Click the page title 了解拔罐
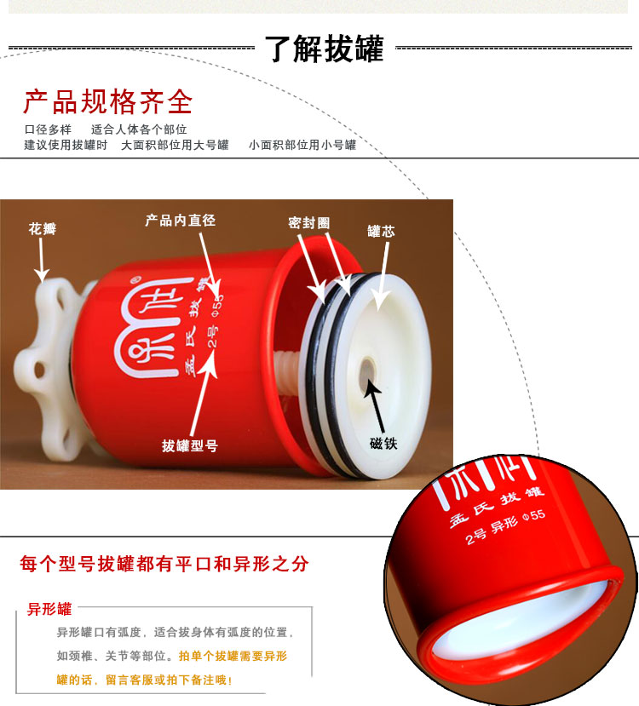(325, 49)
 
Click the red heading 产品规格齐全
(108, 101)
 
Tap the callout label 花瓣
(43, 229)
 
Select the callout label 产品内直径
(180, 221)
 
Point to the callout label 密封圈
(309, 222)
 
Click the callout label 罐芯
(381, 232)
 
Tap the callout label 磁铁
(383, 444)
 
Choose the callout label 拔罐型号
(190, 445)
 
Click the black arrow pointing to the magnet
(375, 405)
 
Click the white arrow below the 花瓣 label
(42, 261)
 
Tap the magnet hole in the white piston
(367, 374)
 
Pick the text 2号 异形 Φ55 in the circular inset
(504, 526)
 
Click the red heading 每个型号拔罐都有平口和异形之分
(164, 563)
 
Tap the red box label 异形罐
(49, 609)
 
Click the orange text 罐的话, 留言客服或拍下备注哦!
(144, 680)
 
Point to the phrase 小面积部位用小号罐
(302, 145)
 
